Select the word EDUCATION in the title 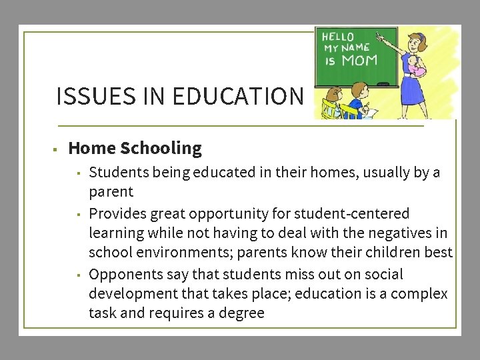click(237, 97)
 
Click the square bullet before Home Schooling click(59, 149)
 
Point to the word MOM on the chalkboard click(359, 61)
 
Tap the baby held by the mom click(417, 67)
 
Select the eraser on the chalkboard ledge click(383, 84)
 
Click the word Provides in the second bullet click(117, 214)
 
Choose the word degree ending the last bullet click(243, 313)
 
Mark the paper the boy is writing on click(371, 112)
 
